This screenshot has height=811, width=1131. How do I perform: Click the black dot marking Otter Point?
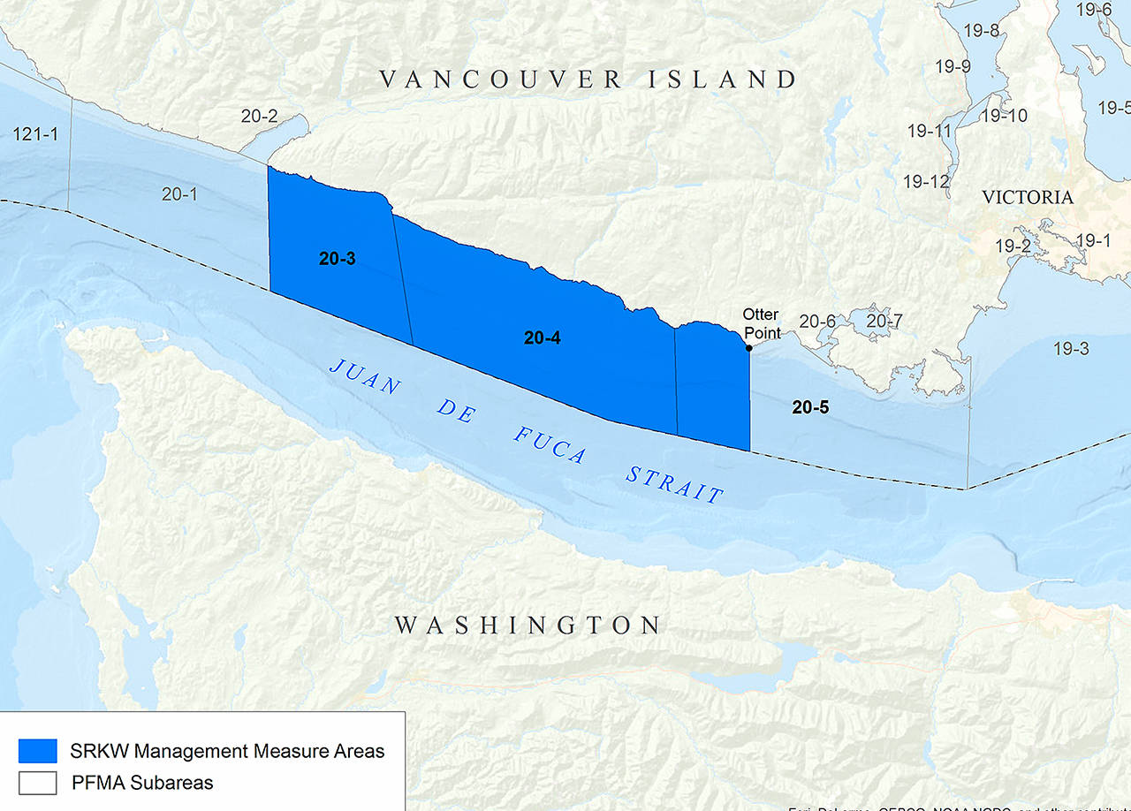coord(749,348)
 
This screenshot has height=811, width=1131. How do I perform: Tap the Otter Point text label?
coord(761,323)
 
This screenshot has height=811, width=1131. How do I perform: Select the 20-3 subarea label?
coord(337,259)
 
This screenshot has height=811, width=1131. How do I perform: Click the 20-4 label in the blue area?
coord(543,337)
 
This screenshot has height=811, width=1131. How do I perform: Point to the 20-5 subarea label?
coord(810,407)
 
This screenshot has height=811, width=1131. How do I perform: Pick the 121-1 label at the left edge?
coord(35,134)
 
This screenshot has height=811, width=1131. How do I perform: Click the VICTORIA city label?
coord(1028,197)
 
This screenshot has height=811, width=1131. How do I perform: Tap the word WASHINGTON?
coord(528,625)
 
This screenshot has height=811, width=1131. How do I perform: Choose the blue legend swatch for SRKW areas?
coord(37,751)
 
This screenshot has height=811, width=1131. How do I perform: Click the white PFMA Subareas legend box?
coord(37,782)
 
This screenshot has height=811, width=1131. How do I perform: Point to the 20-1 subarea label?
coord(179,193)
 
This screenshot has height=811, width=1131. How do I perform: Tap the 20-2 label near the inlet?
coord(259,116)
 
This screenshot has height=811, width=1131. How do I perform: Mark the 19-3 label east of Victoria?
coord(1070,349)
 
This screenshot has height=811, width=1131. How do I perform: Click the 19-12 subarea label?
coord(926,182)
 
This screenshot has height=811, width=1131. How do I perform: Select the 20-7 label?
coord(884,321)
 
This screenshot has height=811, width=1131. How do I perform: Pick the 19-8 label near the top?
coord(981,32)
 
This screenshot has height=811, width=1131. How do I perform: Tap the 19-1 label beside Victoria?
coord(1093,240)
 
